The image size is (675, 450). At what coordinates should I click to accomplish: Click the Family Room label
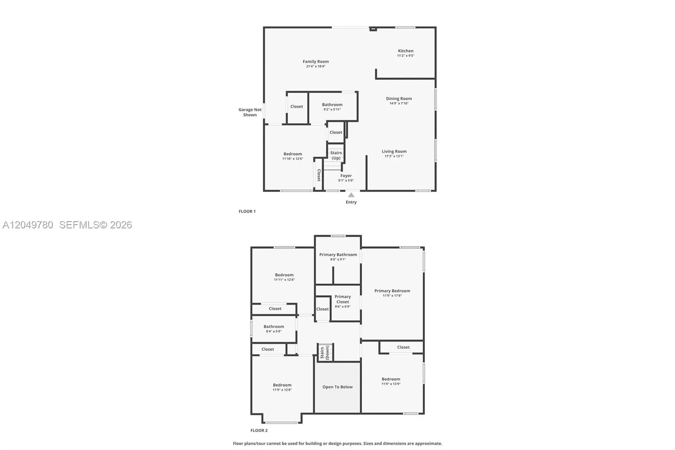[316, 62]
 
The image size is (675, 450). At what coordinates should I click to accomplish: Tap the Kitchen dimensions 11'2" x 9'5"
[405, 56]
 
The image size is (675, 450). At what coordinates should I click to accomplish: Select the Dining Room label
[399, 99]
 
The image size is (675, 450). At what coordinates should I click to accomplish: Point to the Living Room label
[394, 152]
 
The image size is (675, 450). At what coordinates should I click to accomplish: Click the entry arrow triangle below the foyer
[351, 195]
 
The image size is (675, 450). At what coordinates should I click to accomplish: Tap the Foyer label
[346, 176]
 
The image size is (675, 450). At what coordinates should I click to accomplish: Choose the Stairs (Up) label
[336, 155]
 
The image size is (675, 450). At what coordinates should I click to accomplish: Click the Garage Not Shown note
[250, 112]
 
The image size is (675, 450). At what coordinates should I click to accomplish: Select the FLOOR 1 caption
[247, 211]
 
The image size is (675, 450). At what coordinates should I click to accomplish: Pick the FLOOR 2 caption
[259, 431]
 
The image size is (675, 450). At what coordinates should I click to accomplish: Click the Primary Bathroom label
[338, 255]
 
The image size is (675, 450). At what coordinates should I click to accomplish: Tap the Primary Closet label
[343, 299]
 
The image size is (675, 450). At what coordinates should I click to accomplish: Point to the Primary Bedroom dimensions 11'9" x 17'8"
[392, 296]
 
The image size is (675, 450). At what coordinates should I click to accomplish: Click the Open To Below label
[337, 387]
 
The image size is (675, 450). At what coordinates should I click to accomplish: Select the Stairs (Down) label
[324, 352]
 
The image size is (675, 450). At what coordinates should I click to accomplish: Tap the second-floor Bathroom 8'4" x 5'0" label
[274, 328]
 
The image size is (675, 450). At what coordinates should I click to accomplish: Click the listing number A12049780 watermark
[28, 225]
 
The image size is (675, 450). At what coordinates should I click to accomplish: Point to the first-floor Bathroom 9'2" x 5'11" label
[332, 107]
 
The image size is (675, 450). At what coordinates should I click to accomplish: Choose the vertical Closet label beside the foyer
[319, 175]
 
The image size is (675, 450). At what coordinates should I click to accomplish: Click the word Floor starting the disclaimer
[238, 443]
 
